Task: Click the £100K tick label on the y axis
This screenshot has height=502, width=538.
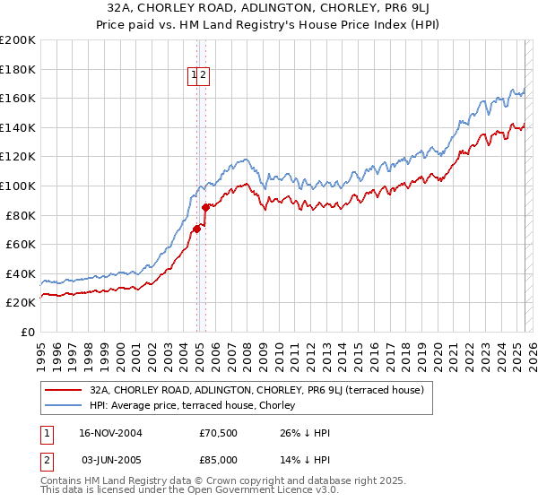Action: (17, 186)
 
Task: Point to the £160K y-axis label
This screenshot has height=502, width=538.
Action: (17, 98)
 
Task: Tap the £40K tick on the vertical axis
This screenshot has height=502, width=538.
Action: (21, 273)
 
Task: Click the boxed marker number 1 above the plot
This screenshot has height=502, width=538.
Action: (194, 76)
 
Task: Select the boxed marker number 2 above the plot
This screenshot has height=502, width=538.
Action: (204, 76)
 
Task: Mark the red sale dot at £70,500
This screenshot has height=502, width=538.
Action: (197, 229)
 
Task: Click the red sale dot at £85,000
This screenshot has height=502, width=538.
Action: (205, 207)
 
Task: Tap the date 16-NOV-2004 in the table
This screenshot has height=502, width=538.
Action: (111, 433)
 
